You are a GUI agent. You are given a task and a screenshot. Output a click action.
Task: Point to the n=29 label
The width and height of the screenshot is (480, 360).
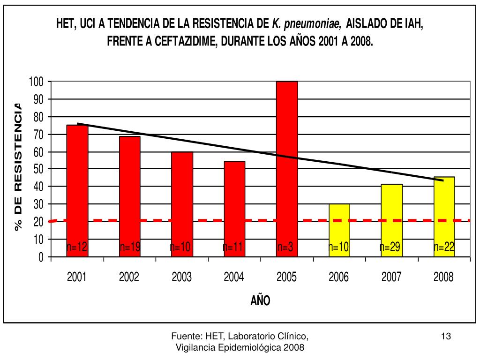(390, 247)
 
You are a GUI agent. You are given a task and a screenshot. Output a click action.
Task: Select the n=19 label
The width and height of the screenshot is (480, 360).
(130, 247)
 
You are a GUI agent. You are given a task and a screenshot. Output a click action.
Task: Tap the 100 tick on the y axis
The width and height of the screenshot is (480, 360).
(37, 82)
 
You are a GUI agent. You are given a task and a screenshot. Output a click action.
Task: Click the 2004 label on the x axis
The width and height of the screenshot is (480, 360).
(234, 277)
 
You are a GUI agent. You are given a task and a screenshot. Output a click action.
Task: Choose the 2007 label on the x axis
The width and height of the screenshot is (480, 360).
(391, 277)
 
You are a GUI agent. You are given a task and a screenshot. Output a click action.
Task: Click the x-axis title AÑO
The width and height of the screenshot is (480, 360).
(260, 300)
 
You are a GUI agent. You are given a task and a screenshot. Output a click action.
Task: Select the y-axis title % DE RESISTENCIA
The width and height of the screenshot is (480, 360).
(19, 166)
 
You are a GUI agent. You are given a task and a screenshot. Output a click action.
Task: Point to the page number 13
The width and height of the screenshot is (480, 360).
(446, 336)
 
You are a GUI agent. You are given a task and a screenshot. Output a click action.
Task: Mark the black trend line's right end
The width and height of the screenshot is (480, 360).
(443, 180)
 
